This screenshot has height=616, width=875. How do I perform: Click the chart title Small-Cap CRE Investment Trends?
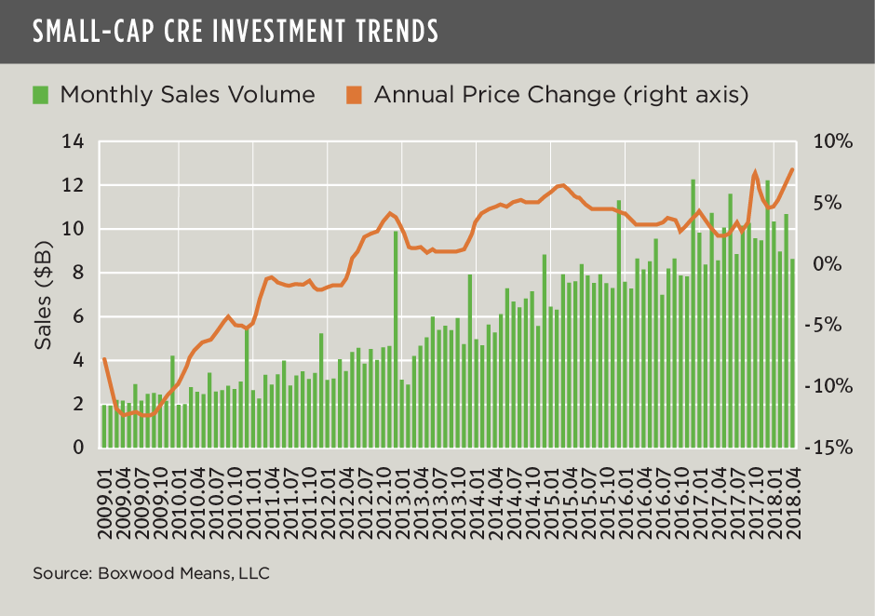point(235,31)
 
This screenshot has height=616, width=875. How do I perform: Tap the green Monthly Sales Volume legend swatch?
point(40,94)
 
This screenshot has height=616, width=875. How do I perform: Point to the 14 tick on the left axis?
point(73,141)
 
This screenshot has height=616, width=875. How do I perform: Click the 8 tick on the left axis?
point(78,273)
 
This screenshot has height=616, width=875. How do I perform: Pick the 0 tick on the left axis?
point(78,448)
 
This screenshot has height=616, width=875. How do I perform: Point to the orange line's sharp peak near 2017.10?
point(755,173)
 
